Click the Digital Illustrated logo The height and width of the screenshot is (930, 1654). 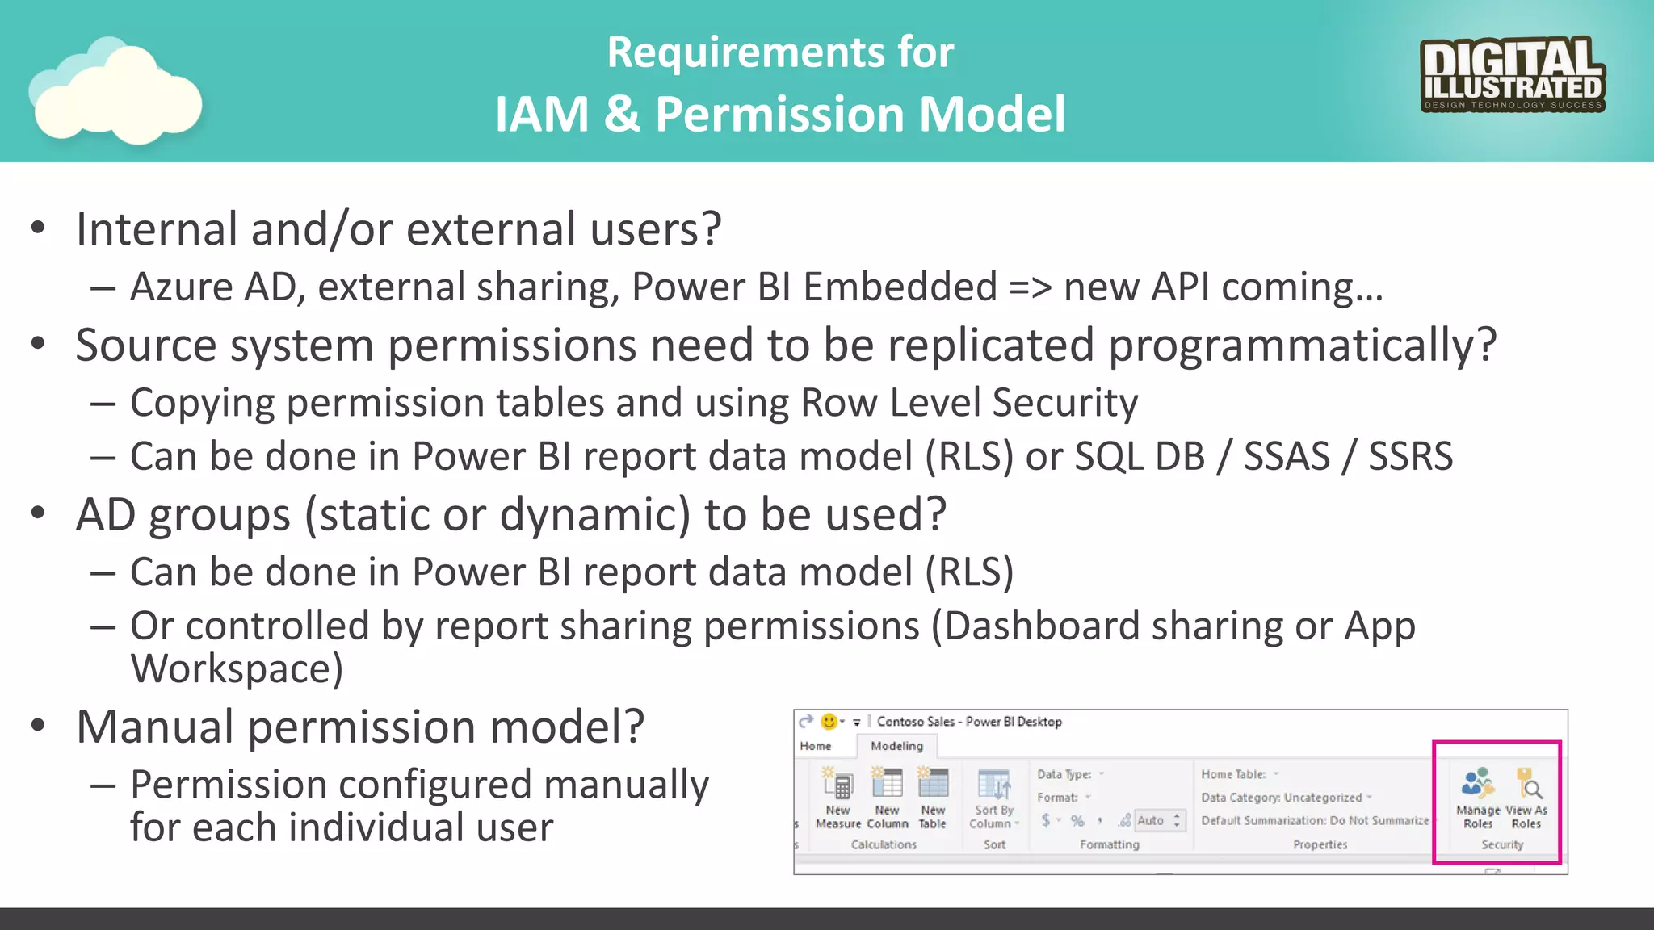(x=1512, y=74)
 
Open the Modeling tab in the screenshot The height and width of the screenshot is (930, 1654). (x=896, y=746)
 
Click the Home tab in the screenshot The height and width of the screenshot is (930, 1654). (x=815, y=746)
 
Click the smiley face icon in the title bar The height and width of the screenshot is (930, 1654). (x=829, y=721)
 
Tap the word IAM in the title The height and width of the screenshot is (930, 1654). (x=541, y=114)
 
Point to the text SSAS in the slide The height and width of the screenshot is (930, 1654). (x=1286, y=457)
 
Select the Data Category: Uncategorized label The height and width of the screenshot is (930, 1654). (x=1282, y=798)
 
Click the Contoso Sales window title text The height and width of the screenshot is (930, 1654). (x=968, y=722)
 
